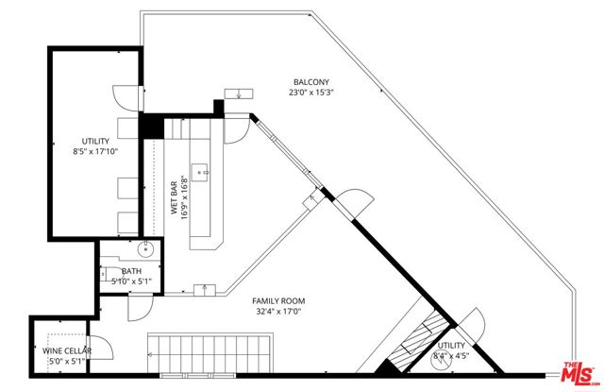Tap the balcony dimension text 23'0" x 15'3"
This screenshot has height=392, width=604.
(311, 93)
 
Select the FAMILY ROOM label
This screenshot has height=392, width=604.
(278, 301)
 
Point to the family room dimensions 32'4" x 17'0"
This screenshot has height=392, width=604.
(278, 312)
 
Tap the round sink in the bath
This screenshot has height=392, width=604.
(146, 250)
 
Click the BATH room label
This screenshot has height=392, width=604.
(131, 271)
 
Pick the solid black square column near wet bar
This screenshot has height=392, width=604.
(149, 126)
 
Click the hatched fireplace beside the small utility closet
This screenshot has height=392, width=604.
(415, 344)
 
